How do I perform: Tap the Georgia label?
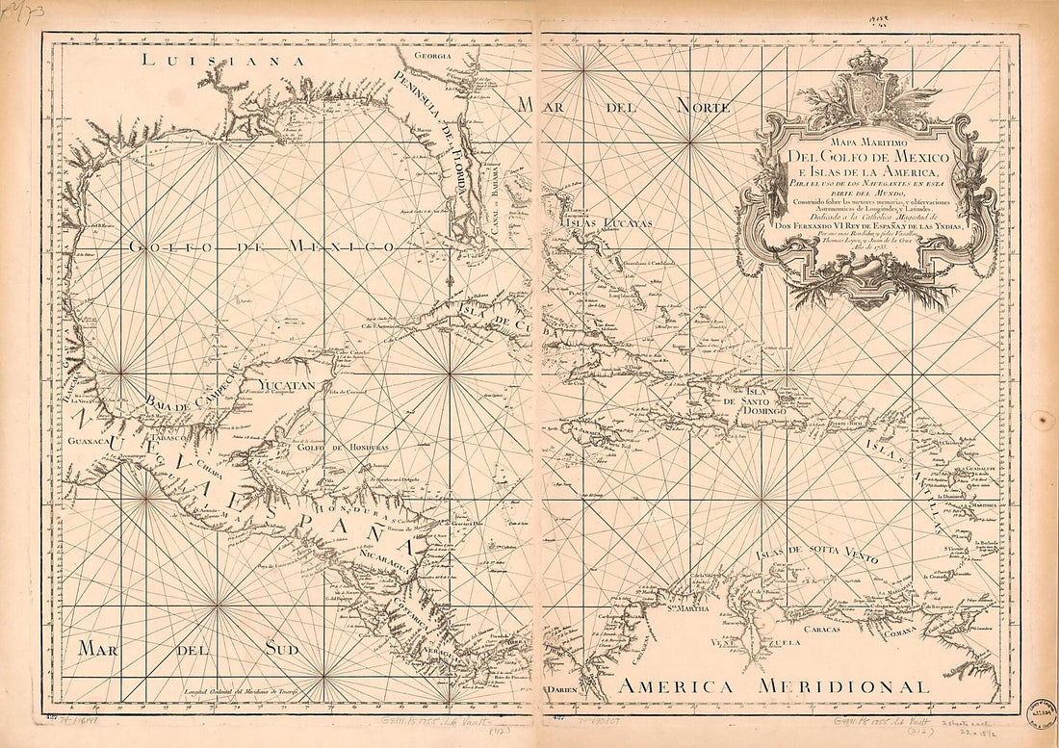pos(432,57)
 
